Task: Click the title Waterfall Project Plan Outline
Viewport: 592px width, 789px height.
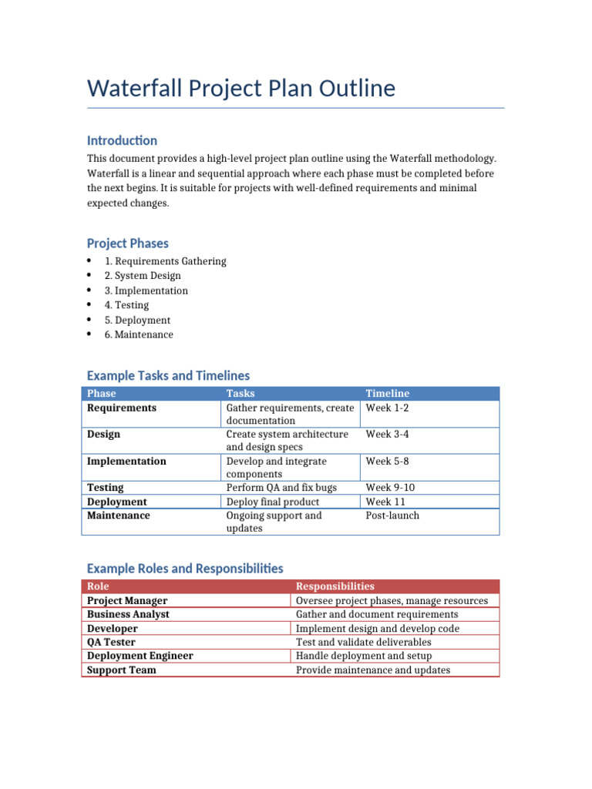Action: pyautogui.click(x=241, y=89)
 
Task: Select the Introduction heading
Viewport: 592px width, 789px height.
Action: pyautogui.click(x=122, y=140)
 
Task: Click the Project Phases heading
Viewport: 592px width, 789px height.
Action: pyautogui.click(x=127, y=243)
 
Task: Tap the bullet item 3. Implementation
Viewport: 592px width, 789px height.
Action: pyautogui.click(x=146, y=290)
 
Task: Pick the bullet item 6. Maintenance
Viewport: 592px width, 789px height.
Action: pyautogui.click(x=139, y=334)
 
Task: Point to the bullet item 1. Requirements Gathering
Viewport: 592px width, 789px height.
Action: pyautogui.click(x=165, y=261)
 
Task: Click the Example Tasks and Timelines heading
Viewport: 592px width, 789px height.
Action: pyautogui.click(x=168, y=376)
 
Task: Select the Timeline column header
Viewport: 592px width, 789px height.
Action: pyautogui.click(x=387, y=394)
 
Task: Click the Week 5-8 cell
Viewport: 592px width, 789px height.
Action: pyautogui.click(x=387, y=462)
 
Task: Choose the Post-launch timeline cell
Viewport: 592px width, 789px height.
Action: pyautogui.click(x=392, y=515)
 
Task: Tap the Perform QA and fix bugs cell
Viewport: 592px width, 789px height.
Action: pyautogui.click(x=281, y=488)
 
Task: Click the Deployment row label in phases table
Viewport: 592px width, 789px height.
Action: pyautogui.click(x=117, y=502)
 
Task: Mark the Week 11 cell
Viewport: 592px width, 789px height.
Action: pyautogui.click(x=385, y=502)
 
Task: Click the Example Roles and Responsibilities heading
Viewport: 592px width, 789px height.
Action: pyautogui.click(x=185, y=569)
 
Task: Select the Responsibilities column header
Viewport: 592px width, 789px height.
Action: pyautogui.click(x=335, y=586)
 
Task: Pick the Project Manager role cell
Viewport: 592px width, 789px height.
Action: pyautogui.click(x=127, y=600)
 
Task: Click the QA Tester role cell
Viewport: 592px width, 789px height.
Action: pyautogui.click(x=111, y=642)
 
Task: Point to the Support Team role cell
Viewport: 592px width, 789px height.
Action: pyautogui.click(x=122, y=670)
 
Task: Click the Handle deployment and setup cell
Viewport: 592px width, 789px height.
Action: pyautogui.click(x=364, y=656)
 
